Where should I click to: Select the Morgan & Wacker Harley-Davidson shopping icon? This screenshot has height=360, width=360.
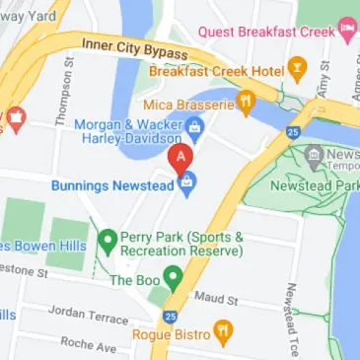click(194, 126)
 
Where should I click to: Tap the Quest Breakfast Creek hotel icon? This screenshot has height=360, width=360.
click(345, 27)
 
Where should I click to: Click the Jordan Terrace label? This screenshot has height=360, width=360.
click(88, 314)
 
